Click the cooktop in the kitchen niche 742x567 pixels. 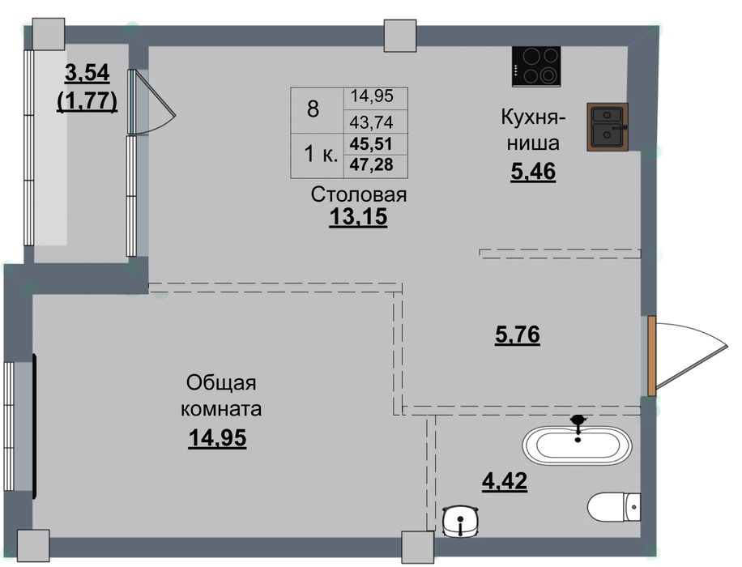click(x=536, y=66)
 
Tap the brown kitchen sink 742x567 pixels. click(x=608, y=127)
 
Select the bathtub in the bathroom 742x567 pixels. click(x=578, y=445)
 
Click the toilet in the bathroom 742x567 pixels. click(x=614, y=507)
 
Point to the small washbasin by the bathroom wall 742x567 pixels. click(x=462, y=521)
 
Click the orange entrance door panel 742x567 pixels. click(x=651, y=356)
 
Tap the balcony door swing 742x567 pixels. click(x=152, y=102)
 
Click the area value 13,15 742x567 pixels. click(x=358, y=217)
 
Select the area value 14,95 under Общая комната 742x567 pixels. click(x=217, y=437)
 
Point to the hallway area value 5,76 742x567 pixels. click(x=518, y=335)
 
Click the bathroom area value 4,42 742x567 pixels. click(x=505, y=482)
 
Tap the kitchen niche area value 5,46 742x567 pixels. click(x=533, y=172)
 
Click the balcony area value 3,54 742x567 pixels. click(x=87, y=72)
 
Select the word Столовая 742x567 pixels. click(x=359, y=194)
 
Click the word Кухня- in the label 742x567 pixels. click(x=533, y=117)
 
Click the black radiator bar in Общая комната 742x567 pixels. click(x=35, y=426)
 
